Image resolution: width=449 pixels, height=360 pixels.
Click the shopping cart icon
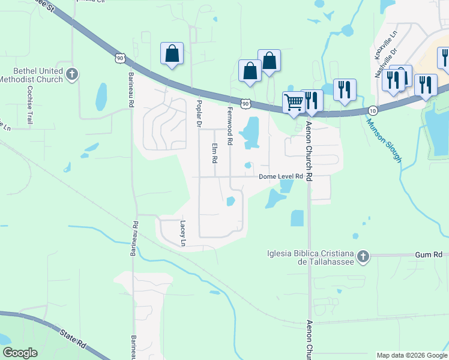tap(294, 102)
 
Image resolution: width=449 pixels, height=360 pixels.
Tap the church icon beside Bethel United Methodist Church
tap(72, 75)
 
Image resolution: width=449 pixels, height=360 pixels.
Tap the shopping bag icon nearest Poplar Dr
tap(172, 53)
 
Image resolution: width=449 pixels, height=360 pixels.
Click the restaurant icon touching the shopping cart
tap(312, 100)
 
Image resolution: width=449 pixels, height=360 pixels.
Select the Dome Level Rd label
tap(282, 177)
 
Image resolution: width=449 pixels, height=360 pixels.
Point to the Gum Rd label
tap(429, 255)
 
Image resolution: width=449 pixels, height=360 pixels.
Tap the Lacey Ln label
tap(183, 233)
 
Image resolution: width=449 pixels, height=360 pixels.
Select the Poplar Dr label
tap(199, 113)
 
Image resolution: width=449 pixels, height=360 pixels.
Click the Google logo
tap(20, 353)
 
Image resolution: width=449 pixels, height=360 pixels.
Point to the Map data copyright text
tap(411, 355)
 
